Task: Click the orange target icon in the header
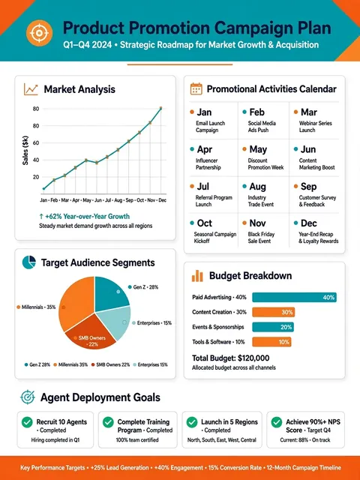coord(39,33)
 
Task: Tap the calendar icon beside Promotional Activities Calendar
coord(196,89)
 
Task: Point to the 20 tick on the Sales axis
coord(36,177)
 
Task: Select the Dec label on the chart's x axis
coord(163,200)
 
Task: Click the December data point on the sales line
coord(160,108)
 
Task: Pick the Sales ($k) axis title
coord(25,150)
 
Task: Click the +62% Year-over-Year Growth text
coord(84,217)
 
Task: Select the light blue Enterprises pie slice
coord(115,322)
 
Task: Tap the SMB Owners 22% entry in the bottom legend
coord(110,364)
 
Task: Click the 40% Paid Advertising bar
coord(294,297)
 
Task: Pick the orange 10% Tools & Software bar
coord(271,342)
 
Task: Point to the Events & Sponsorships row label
coord(218,327)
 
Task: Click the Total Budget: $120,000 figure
coord(231,358)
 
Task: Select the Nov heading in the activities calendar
coord(257,223)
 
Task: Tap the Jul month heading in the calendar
coord(203,187)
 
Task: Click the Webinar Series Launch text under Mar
coord(315,127)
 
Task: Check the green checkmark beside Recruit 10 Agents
coord(27,422)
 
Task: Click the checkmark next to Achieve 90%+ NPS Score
coord(277,422)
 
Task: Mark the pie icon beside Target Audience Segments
coord(29,262)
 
